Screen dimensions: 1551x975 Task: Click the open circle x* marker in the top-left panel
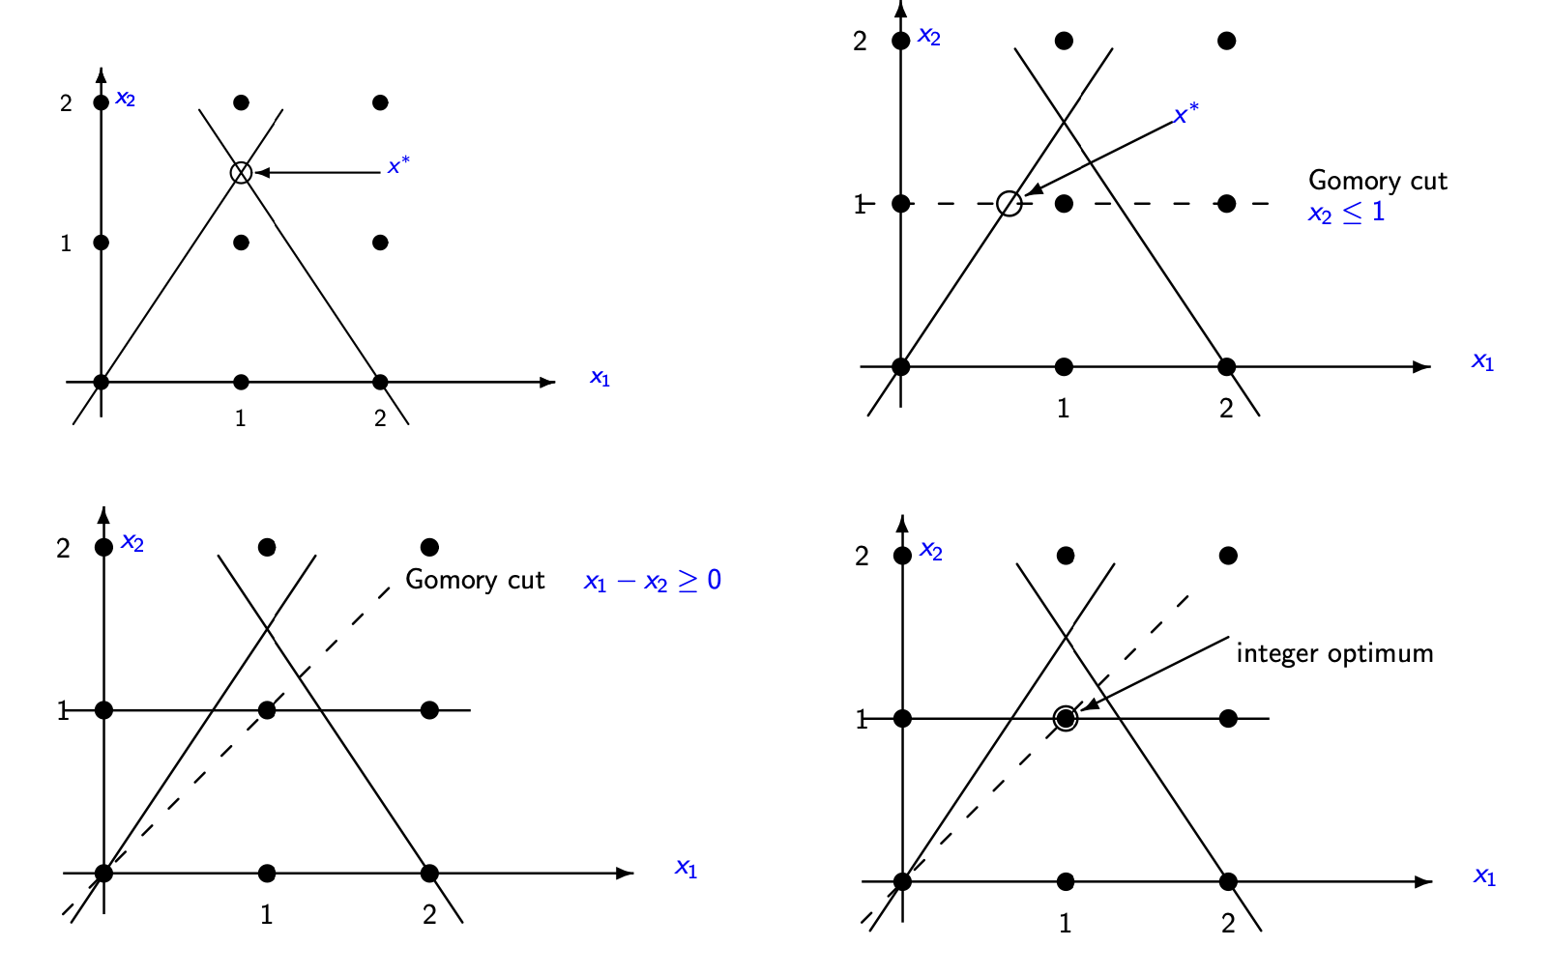point(241,172)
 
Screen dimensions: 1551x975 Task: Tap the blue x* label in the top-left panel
point(398,165)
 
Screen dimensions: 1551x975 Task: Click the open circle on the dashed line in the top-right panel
point(1009,203)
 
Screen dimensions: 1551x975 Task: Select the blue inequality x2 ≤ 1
point(1346,213)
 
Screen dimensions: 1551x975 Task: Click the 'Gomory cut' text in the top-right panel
point(1377,181)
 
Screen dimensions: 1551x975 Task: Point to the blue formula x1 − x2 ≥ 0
point(653,581)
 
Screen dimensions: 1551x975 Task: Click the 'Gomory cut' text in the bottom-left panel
point(475,580)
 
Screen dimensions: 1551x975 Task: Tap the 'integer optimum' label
point(1334,653)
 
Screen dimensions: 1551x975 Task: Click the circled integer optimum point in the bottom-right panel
point(1065,718)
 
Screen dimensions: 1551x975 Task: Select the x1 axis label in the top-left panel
point(600,378)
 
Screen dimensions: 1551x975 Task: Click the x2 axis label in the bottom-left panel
point(132,543)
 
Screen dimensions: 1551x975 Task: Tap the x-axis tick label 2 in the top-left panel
point(380,418)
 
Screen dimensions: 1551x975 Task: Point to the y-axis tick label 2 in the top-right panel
point(860,42)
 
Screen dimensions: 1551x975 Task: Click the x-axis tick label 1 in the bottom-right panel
point(1065,924)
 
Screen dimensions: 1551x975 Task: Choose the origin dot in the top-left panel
point(101,382)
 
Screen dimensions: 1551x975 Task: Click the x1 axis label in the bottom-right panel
point(1484,876)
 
